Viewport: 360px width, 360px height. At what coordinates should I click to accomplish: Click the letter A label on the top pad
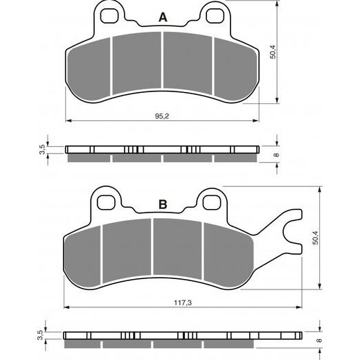pyautogui.click(x=163, y=17)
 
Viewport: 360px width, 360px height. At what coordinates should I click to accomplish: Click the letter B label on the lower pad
pyautogui.click(x=163, y=204)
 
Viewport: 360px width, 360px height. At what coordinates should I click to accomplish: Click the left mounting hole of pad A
pyautogui.click(x=108, y=13)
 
